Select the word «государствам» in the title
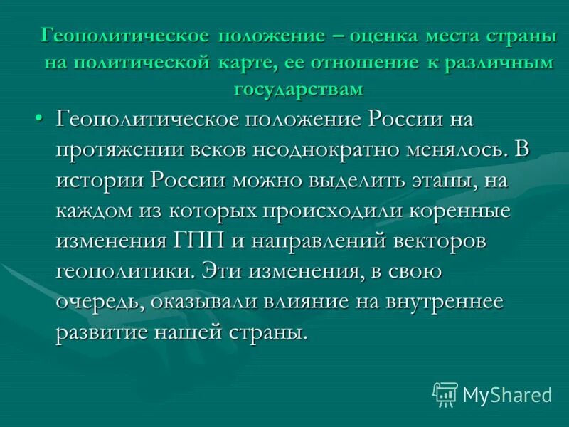298,90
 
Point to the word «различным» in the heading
499,63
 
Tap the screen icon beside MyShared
445,394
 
